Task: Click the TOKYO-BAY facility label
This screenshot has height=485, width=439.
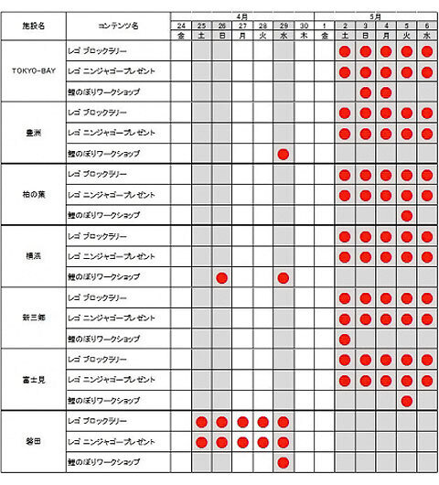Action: [x=32, y=71]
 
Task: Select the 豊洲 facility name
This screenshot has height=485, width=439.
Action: [x=32, y=133]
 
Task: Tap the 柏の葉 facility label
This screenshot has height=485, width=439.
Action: [x=32, y=195]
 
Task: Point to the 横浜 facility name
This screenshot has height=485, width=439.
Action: [x=32, y=257]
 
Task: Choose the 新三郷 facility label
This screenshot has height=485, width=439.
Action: [x=32, y=318]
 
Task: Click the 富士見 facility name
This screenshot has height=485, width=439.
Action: [x=32, y=380]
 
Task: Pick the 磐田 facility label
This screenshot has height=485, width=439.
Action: [x=32, y=442]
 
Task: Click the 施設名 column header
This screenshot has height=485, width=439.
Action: [x=32, y=27]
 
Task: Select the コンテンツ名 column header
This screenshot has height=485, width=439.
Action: [x=117, y=27]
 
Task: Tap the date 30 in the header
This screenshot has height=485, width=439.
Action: [x=304, y=25]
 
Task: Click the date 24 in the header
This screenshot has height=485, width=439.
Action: [x=181, y=25]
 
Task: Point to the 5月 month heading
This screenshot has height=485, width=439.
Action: [x=376, y=16]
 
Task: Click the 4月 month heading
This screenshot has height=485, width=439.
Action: [x=242, y=16]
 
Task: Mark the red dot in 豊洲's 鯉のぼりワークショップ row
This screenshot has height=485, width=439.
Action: [x=284, y=154]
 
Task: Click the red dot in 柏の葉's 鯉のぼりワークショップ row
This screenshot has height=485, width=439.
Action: [x=406, y=215]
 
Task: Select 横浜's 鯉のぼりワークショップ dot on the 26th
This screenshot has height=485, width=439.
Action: [x=221, y=277]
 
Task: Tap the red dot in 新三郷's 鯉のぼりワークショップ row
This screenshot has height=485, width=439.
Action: [x=345, y=339]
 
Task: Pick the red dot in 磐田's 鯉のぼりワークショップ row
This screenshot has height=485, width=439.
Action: [x=284, y=462]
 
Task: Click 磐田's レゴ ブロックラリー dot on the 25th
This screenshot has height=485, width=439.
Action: [x=201, y=422]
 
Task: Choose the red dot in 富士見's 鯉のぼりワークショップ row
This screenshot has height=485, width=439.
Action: [x=406, y=401]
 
